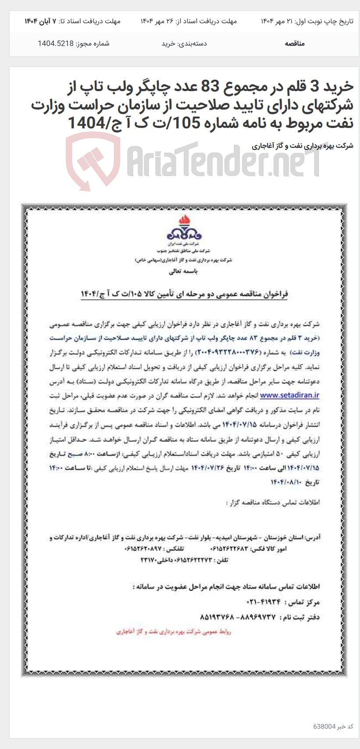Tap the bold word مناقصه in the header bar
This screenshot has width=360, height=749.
point(294,43)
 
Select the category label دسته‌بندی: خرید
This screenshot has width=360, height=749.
point(184,43)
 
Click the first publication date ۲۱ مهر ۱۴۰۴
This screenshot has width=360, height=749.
point(276,21)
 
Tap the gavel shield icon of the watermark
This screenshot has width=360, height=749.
point(93,160)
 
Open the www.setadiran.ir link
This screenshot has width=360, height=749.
point(289,395)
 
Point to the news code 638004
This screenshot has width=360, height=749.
point(324,727)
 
